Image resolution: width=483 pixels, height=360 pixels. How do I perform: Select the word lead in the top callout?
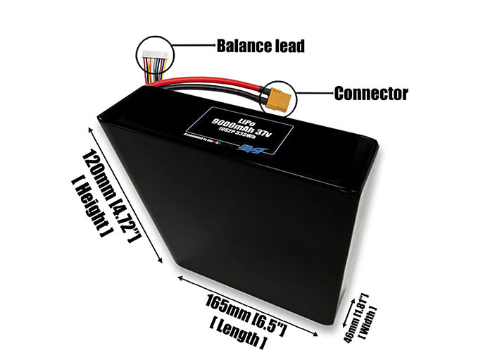pyautogui.click(x=289, y=46)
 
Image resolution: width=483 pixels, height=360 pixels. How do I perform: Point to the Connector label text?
pyautogui.click(x=371, y=92)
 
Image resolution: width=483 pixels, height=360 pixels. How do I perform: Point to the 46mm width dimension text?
pyautogui.click(x=356, y=309)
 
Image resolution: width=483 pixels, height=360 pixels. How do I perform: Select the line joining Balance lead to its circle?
pyautogui.click(x=191, y=46)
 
